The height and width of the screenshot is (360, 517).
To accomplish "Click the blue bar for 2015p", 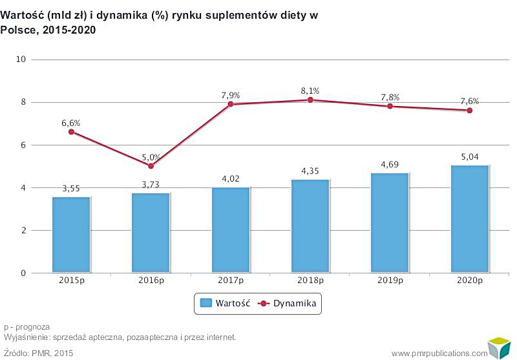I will tap(71, 234).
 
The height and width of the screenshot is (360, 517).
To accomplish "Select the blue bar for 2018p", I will tap(310, 226).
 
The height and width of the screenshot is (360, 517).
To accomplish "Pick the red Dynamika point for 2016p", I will tap(151, 166).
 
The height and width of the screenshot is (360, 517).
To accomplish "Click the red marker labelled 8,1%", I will tap(310, 100).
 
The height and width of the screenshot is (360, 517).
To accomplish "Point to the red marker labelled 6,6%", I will tap(71, 132).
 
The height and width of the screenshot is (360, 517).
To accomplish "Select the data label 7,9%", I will tap(230, 96).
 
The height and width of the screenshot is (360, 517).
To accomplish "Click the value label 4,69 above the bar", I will tap(390, 164).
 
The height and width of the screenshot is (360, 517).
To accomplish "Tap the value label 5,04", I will tap(469, 156).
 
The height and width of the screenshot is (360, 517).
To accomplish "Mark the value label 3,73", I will tap(151, 185).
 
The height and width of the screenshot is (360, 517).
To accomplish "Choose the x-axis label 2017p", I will tap(230, 282).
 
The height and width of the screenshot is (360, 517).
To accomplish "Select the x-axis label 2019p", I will tap(390, 282).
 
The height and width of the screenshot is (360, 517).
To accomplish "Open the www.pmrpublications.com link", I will tap(439, 353).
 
